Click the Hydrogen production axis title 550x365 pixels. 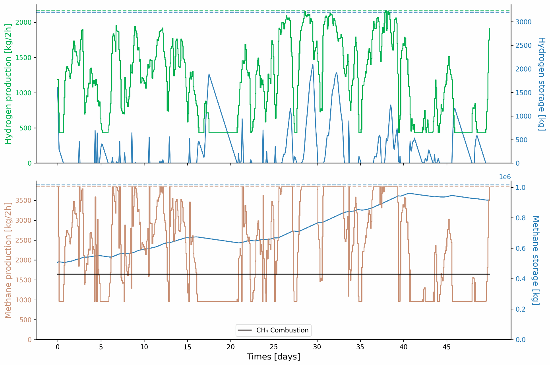click(8, 84)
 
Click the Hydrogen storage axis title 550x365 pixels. click(541, 84)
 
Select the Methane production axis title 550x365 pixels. click(8, 260)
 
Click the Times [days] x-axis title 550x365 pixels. click(273, 357)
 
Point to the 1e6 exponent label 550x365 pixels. click(505, 177)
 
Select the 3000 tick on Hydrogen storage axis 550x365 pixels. click(523, 22)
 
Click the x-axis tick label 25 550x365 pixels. click(273, 347)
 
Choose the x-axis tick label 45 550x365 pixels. click(447, 347)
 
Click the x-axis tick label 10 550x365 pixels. click(144, 347)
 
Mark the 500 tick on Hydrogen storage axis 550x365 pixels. click(522, 140)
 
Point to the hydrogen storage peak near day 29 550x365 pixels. click(313, 64)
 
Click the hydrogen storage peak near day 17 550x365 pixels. click(209, 74)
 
